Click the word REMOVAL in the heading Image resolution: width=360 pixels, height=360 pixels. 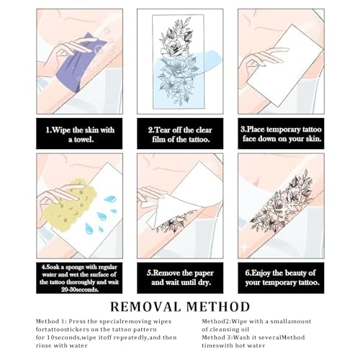click(145, 307)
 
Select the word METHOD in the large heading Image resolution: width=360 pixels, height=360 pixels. click(218, 307)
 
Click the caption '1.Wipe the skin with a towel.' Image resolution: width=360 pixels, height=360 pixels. click(80, 135)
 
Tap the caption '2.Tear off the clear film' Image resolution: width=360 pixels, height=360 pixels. click(180, 135)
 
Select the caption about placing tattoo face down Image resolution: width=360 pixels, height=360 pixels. click(281, 134)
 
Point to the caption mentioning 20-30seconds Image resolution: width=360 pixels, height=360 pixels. click(79, 278)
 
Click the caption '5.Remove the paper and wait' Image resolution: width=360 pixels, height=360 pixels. click(180, 277)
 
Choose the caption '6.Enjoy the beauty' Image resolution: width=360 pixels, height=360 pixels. click(281, 277)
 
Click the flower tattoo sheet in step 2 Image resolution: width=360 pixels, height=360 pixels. click(179, 61)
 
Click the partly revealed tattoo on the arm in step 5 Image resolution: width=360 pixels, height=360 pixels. click(174, 222)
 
